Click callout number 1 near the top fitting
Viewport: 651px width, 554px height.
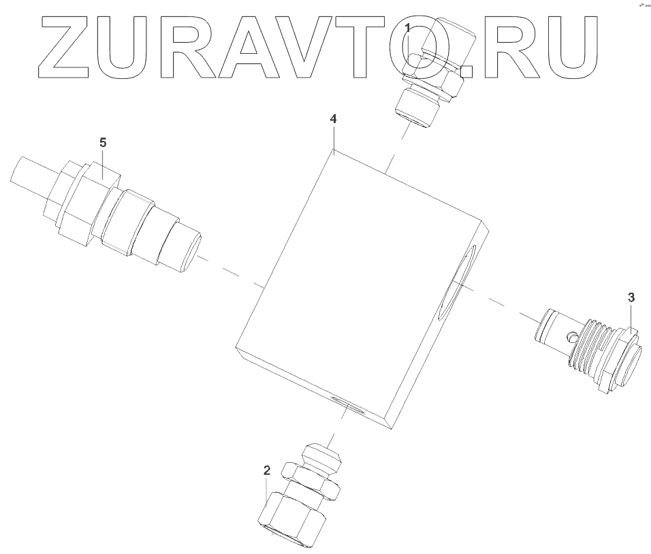tap(407, 29)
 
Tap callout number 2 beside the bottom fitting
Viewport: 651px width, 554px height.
tap(266, 470)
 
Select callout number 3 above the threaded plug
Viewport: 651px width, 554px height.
tap(631, 297)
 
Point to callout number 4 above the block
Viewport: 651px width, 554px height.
tap(333, 118)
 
